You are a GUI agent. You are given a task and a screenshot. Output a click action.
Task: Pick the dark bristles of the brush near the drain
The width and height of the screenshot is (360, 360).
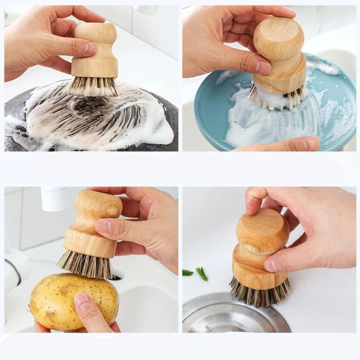click(x=259, y=293)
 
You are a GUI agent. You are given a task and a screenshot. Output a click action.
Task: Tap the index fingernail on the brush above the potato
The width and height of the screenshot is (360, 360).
click(x=104, y=225)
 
